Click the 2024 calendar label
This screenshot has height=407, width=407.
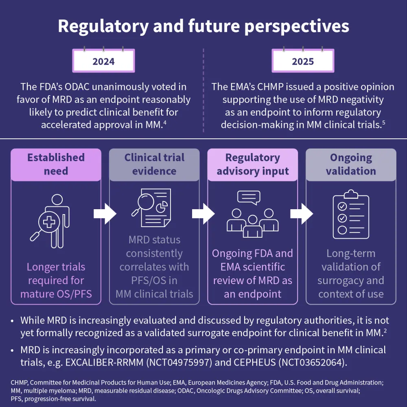click(x=103, y=61)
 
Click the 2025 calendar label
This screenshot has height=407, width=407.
click(x=303, y=61)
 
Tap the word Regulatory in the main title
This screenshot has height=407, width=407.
click(x=107, y=26)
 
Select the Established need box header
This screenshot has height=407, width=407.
click(x=56, y=164)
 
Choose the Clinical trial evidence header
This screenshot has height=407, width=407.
click(x=154, y=164)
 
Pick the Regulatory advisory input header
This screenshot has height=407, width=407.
click(x=253, y=164)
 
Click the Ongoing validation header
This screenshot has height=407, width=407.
click(x=351, y=164)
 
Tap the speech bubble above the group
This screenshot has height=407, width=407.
click(x=249, y=198)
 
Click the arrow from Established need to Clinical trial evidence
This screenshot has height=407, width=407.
click(x=105, y=213)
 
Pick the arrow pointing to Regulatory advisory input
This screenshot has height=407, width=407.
click(x=203, y=213)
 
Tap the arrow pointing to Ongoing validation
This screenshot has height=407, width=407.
click(x=302, y=213)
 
